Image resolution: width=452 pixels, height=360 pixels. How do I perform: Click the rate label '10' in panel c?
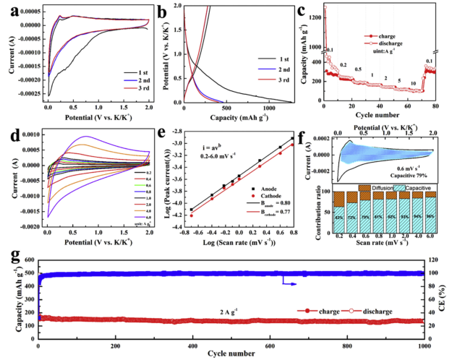pos(412,83)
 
